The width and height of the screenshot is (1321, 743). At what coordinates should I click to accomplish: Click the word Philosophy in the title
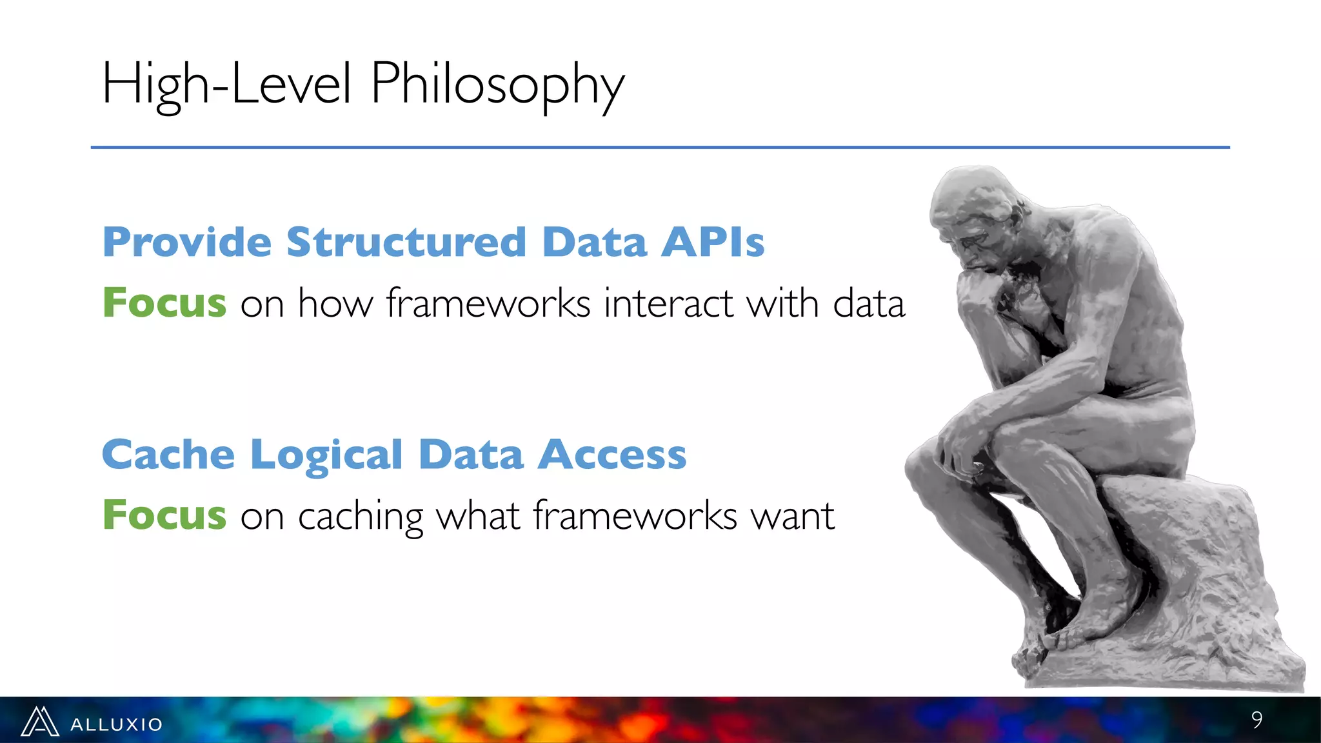click(497, 84)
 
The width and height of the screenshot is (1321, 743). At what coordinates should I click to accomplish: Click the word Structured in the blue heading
click(406, 243)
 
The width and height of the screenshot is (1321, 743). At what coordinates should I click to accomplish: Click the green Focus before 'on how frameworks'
click(165, 303)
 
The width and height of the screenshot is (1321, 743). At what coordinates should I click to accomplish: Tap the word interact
click(668, 303)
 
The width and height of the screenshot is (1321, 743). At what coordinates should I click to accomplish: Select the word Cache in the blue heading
click(168, 455)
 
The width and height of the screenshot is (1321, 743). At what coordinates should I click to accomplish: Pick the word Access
click(612, 455)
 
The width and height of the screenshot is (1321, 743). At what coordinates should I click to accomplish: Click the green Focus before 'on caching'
click(165, 515)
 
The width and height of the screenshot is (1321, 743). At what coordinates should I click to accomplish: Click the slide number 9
click(1256, 720)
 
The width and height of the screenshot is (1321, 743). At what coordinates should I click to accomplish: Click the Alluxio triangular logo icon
click(40, 722)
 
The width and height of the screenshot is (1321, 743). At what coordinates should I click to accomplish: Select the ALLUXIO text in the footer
click(117, 724)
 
